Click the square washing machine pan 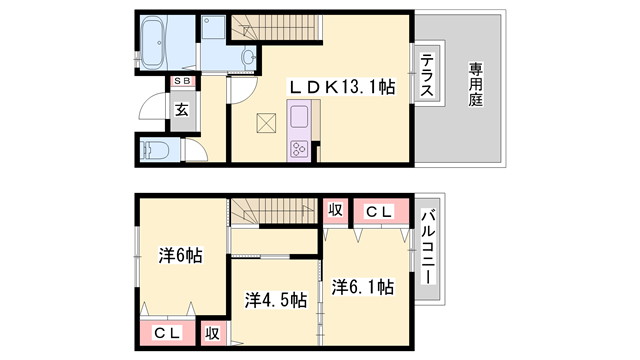tap(214, 32)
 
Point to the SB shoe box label tap(183, 82)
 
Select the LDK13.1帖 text tap(342, 88)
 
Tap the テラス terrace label tap(426, 76)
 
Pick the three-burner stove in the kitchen tap(300, 149)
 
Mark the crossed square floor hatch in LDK tap(265, 123)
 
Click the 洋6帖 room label tap(180, 256)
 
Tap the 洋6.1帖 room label tap(362, 287)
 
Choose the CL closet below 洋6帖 tap(165, 333)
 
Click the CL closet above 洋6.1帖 tap(377, 211)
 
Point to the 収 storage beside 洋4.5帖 tap(212, 333)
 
